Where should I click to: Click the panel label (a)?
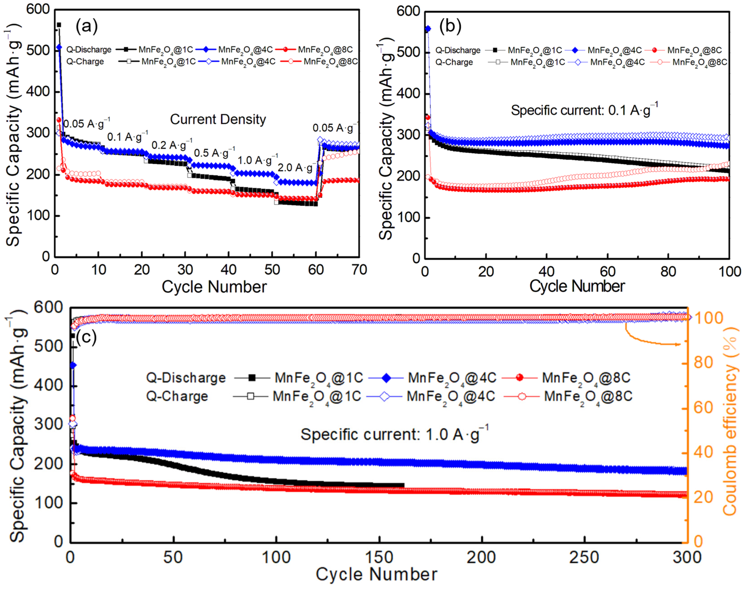[x=87, y=26]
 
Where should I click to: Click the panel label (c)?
[x=86, y=337]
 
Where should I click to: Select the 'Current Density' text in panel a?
[x=218, y=119]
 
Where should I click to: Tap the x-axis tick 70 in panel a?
[x=359, y=270]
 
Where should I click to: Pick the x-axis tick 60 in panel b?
[x=607, y=272]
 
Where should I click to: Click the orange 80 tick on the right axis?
[x=703, y=363]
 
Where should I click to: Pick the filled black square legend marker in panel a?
[x=126, y=49]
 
